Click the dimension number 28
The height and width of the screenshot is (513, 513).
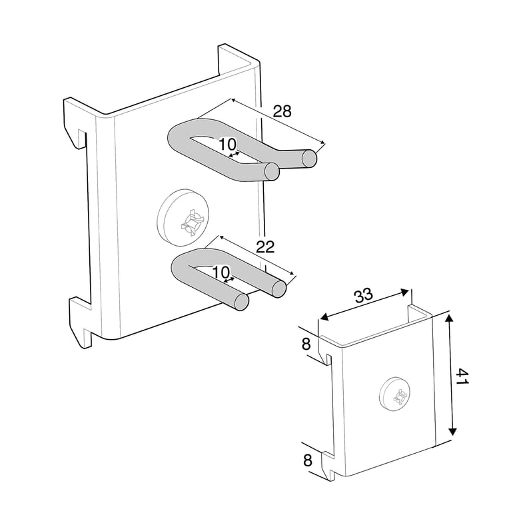(x=282, y=111)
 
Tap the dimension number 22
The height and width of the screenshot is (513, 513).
(x=265, y=247)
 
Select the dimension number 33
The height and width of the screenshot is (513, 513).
(x=363, y=294)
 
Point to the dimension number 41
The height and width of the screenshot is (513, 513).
(x=462, y=376)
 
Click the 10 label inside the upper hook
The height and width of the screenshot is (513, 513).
(x=227, y=144)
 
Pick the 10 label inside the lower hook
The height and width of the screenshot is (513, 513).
(x=221, y=272)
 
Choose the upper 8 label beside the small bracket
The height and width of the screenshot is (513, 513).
(x=306, y=344)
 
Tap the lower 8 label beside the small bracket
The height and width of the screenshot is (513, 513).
(x=308, y=460)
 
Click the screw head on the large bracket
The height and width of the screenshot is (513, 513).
(x=183, y=217)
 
